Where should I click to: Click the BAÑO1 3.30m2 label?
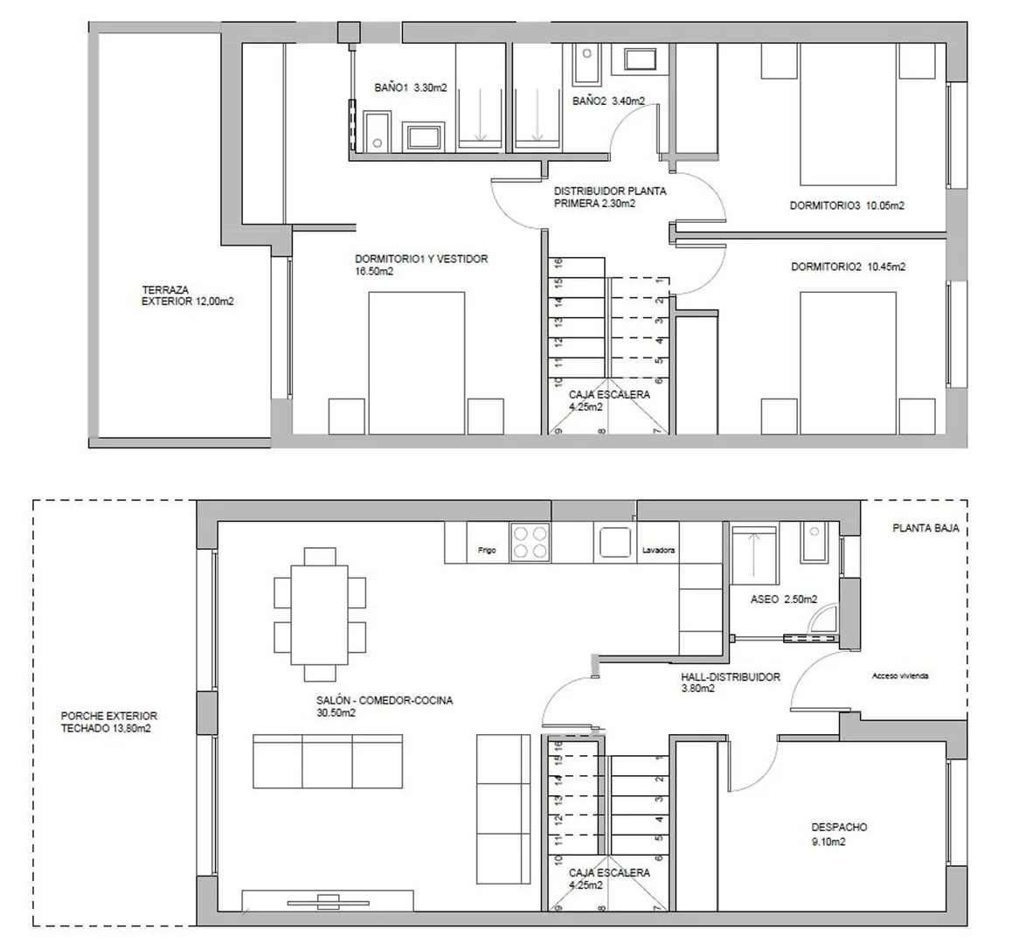[411, 87]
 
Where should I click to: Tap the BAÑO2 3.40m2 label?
[608, 101]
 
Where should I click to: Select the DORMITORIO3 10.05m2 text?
[847, 206]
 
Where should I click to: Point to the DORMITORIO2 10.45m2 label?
[848, 267]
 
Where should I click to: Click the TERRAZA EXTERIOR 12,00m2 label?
[188, 295]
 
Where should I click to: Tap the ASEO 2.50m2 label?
[784, 600]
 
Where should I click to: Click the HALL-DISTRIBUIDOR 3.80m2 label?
[731, 683]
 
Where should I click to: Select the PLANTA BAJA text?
[925, 528]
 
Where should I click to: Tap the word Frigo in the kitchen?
[488, 551]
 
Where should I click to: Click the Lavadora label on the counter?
[658, 551]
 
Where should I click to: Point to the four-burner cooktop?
[530, 542]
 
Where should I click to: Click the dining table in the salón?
[320, 615]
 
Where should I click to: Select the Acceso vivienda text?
[899, 676]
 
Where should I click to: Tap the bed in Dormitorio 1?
[417, 363]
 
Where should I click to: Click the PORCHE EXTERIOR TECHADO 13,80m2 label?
[109, 722]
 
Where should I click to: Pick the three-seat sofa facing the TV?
[328, 761]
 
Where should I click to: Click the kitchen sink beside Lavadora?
[614, 542]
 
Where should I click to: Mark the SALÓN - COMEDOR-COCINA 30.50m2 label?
[385, 707]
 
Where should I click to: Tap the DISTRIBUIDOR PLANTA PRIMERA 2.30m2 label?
[610, 198]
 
